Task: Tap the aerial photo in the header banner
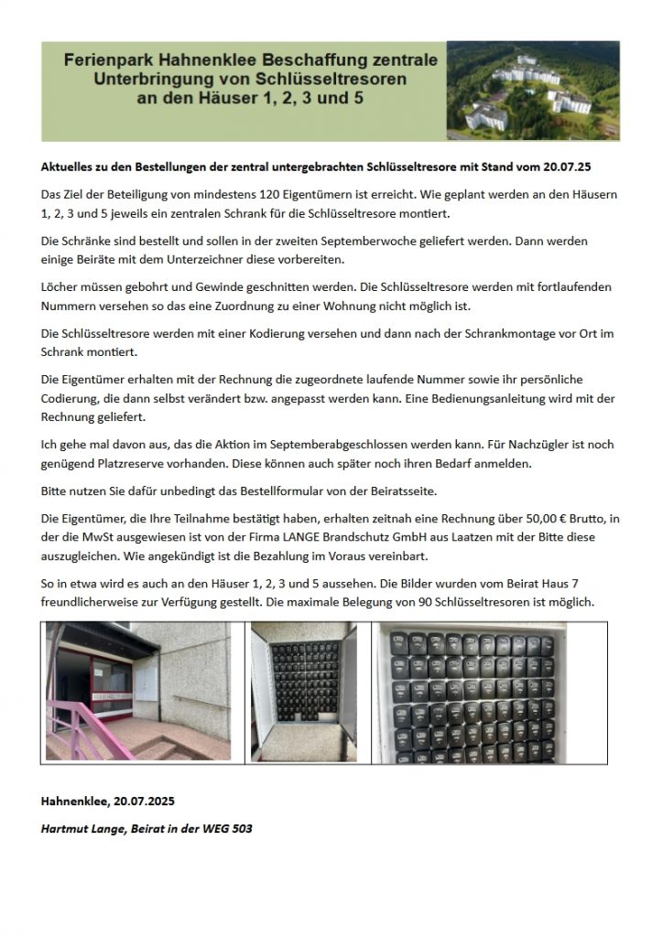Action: point(532,91)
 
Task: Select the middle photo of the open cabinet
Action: point(303,693)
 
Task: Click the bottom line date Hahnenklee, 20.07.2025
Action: point(107,801)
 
